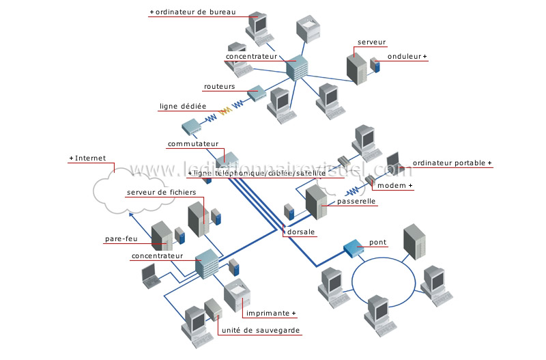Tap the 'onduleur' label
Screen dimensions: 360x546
coord(405,57)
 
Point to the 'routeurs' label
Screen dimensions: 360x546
coord(219,87)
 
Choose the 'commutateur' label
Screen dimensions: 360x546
coord(193,145)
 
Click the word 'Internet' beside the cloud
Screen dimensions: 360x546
coord(90,158)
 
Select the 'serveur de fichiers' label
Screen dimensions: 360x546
coord(161,193)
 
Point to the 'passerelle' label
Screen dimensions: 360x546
coord(356,202)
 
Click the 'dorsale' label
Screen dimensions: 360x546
coord(301,232)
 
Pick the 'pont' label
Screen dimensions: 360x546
coord(377,243)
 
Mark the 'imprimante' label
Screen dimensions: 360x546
coord(270,314)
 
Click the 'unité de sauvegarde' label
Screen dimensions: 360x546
coord(260,331)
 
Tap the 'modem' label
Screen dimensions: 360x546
coord(395,186)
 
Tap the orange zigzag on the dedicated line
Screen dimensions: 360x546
coord(225,110)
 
